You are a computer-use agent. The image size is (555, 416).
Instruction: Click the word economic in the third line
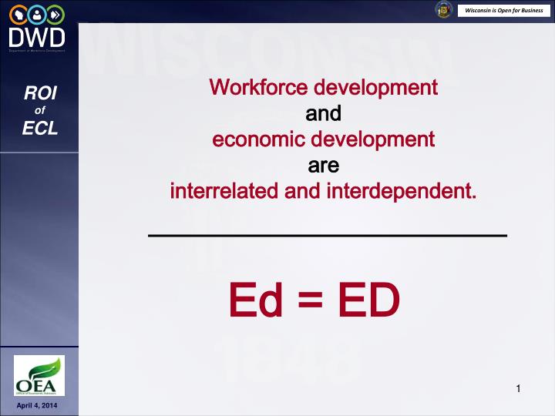click(254, 139)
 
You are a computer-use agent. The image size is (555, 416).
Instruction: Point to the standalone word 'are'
click(324, 166)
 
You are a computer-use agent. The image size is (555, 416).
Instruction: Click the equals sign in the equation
click(312, 300)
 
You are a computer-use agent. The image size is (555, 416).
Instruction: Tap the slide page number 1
click(519, 388)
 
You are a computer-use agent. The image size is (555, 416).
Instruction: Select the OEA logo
click(39, 376)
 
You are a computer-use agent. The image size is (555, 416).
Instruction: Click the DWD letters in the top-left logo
click(38, 36)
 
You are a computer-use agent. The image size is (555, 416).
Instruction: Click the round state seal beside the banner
click(443, 10)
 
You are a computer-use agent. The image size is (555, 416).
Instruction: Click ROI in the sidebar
click(39, 95)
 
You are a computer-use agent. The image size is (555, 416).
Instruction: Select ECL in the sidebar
click(39, 129)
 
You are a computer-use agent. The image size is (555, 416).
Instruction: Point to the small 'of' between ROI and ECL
click(39, 112)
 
